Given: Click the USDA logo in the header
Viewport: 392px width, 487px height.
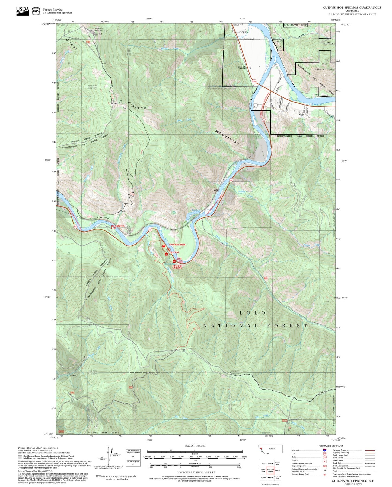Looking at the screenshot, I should [x=23, y=11].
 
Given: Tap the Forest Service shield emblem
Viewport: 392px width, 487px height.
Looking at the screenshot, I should [x=36, y=11].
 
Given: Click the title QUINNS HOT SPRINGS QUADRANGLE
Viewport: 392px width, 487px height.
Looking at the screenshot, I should [x=352, y=8].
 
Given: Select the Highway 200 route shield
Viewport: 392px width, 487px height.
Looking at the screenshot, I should [x=254, y=81].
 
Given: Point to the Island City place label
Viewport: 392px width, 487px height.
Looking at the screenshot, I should [x=242, y=67].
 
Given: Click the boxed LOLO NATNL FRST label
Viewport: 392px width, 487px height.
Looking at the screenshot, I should [x=295, y=25].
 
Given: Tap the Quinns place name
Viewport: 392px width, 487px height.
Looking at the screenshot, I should [x=216, y=190].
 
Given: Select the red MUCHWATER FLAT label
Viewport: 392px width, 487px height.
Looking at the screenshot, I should [x=118, y=227].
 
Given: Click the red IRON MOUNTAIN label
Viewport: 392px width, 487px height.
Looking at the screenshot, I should [x=177, y=245].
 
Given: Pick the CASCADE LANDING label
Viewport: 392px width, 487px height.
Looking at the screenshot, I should [x=177, y=267].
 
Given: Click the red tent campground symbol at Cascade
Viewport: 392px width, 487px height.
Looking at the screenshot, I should [x=166, y=254].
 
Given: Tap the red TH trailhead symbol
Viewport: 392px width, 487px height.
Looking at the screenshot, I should [x=164, y=246].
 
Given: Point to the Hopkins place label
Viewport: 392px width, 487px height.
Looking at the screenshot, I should [x=73, y=375].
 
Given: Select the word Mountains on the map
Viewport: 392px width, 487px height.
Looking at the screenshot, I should [x=227, y=137].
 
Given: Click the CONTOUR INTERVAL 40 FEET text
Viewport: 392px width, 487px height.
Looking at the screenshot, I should [x=196, y=472].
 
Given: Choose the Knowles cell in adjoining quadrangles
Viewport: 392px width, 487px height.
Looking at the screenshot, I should [x=277, y=471].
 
